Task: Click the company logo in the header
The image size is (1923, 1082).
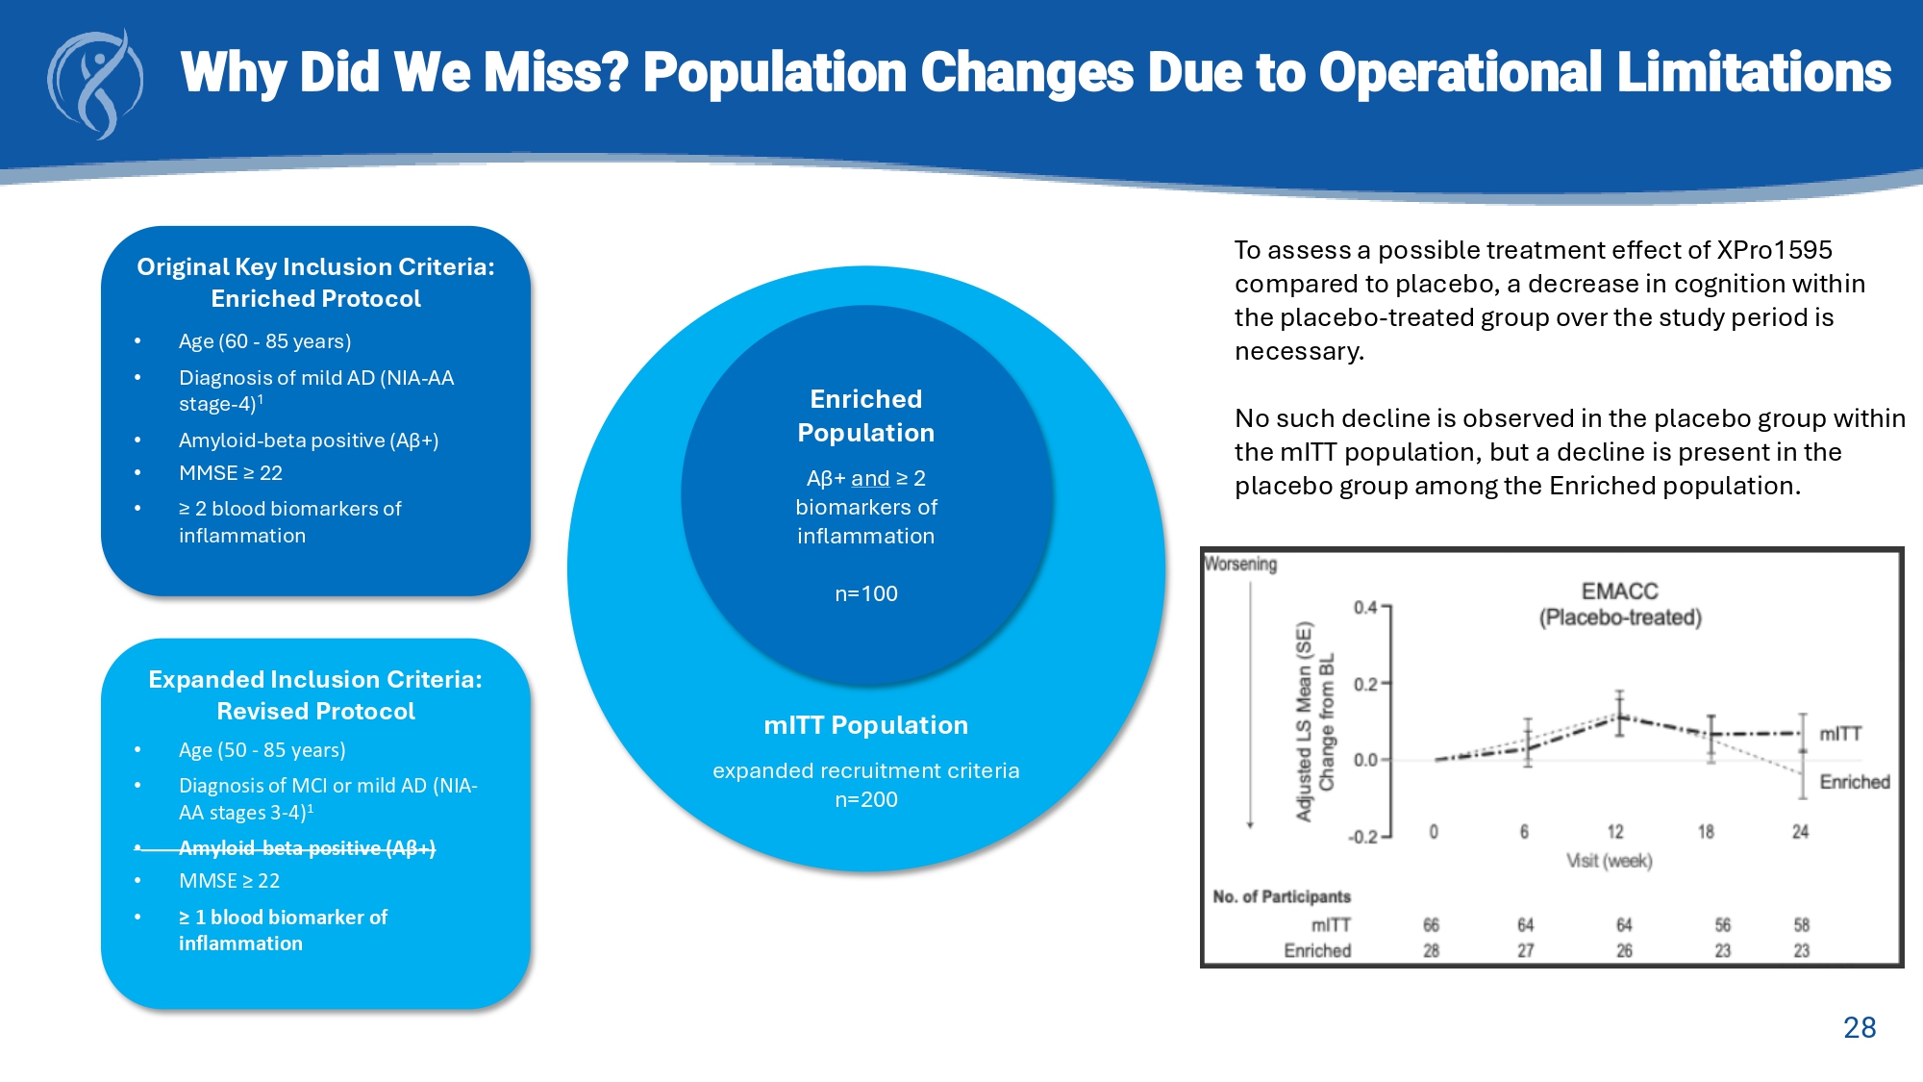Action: click(x=95, y=84)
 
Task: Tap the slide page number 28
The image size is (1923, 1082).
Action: click(x=1859, y=1027)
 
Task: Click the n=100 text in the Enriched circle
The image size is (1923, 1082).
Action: click(x=865, y=593)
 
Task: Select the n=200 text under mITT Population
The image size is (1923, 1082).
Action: click(x=865, y=799)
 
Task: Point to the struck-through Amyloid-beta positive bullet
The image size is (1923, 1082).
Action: click(x=307, y=847)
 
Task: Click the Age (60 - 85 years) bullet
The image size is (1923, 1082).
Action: click(x=264, y=341)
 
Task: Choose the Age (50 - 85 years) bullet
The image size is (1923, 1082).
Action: click(x=262, y=750)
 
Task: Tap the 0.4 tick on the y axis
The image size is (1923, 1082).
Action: click(x=1365, y=607)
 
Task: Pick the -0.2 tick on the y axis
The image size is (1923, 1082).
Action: click(x=1362, y=837)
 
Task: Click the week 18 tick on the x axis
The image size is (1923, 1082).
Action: click(x=1705, y=832)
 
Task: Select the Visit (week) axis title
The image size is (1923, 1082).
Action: click(x=1609, y=861)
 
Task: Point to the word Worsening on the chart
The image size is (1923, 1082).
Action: click(x=1240, y=564)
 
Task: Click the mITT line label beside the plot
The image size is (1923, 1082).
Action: click(x=1839, y=734)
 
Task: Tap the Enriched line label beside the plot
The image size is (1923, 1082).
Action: click(x=1854, y=782)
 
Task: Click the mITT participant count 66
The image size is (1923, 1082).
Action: click(x=1431, y=925)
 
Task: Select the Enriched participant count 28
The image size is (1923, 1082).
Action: click(x=1431, y=950)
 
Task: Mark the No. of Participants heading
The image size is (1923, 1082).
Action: click(x=1281, y=896)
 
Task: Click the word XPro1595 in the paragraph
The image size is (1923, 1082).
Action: click(x=1774, y=250)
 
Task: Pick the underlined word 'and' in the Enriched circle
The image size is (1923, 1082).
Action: click(x=870, y=478)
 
